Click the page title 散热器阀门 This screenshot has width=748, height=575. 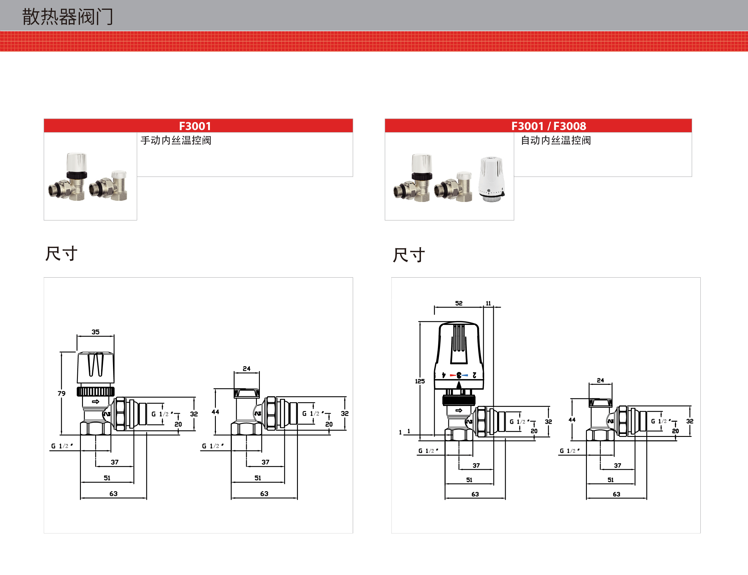(67, 16)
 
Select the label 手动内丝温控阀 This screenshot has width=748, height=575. (176, 140)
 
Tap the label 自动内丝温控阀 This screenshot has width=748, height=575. (556, 140)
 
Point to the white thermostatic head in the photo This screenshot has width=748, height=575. (491, 179)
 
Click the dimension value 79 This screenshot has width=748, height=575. (62, 393)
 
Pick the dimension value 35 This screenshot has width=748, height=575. (95, 332)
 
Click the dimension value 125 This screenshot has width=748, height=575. (420, 381)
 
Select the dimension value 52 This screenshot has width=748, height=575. (459, 303)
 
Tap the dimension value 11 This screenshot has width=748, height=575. (488, 303)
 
